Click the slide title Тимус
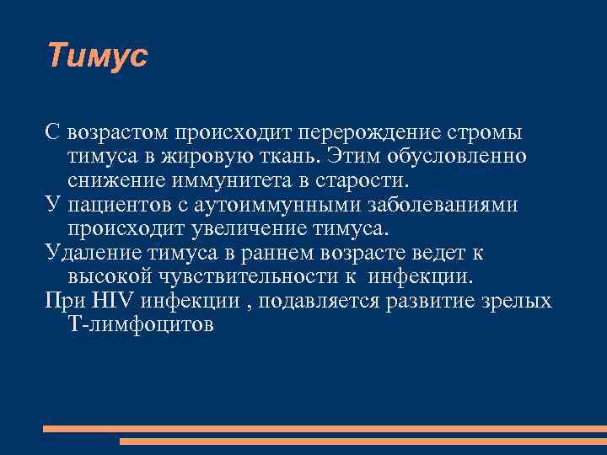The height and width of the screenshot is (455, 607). tap(97, 56)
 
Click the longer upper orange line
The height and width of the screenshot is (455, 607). tap(325, 429)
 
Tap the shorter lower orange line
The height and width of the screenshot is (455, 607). tap(363, 441)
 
